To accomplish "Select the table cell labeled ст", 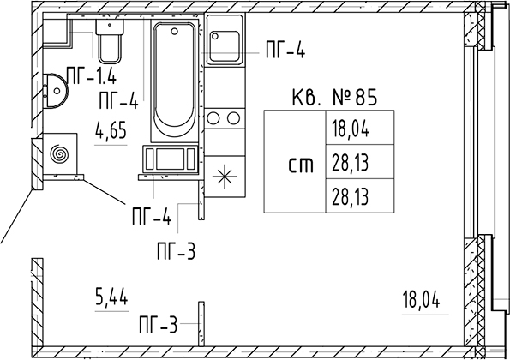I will tap(300, 163).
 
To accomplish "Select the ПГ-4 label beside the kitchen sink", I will tap(285, 51).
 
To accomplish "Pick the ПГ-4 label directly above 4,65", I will tap(119, 99).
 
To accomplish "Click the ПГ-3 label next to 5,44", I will tap(158, 325).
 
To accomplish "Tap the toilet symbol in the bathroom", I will tap(110, 39).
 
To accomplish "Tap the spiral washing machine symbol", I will tap(61, 155).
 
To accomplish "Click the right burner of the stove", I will tap(232, 118).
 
